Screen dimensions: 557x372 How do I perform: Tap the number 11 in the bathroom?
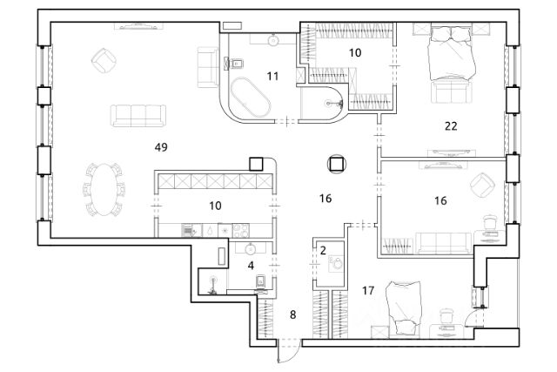point(272,77)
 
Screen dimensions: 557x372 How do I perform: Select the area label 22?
point(451,125)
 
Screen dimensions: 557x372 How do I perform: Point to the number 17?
point(368,289)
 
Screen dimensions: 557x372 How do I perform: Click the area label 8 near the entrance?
point(292,314)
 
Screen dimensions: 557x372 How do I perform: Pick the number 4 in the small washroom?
point(251,265)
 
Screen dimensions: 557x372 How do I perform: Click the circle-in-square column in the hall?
point(336,162)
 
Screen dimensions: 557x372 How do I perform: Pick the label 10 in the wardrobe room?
point(354,53)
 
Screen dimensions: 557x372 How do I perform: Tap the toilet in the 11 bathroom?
point(235,62)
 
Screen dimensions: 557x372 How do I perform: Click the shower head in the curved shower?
point(330,102)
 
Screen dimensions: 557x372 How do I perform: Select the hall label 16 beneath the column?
point(325,199)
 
